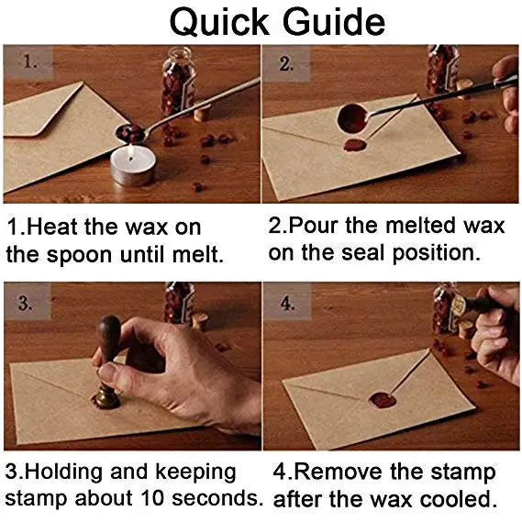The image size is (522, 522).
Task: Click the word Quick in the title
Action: [219, 23]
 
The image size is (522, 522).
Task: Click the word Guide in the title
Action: [334, 22]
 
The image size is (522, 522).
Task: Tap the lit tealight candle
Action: [133, 165]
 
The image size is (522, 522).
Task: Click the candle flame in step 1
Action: [131, 152]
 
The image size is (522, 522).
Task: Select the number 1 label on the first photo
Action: [29, 61]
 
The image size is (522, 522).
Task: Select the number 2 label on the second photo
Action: [286, 63]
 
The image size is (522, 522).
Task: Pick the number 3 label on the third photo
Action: [26, 303]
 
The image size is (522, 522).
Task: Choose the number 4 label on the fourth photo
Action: [287, 303]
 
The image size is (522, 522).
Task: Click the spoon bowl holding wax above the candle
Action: [130, 131]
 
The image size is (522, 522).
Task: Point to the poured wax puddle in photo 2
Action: [355, 145]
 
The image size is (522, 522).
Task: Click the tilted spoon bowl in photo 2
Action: [353, 118]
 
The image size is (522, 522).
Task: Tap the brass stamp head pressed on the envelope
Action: [106, 397]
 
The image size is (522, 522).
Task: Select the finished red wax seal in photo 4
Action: [383, 400]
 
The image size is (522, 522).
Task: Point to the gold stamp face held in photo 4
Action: [458, 305]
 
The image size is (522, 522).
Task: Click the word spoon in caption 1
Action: [79, 256]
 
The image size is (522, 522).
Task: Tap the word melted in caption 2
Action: [420, 226]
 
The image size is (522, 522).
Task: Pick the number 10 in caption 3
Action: [152, 498]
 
